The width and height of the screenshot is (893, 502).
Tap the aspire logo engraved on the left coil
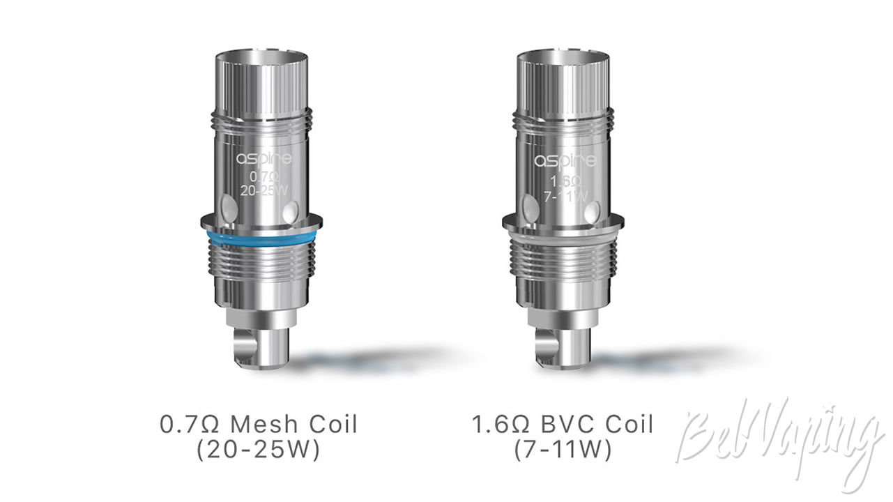point(264,158)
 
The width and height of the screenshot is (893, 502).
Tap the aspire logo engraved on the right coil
point(565,160)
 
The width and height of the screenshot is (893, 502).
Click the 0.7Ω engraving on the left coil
point(264,176)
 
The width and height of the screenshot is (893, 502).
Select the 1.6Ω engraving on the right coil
point(565,182)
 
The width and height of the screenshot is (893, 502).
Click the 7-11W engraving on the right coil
point(566,197)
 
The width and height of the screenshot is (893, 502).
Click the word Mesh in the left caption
point(265,424)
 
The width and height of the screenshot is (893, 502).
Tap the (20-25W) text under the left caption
point(259,450)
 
